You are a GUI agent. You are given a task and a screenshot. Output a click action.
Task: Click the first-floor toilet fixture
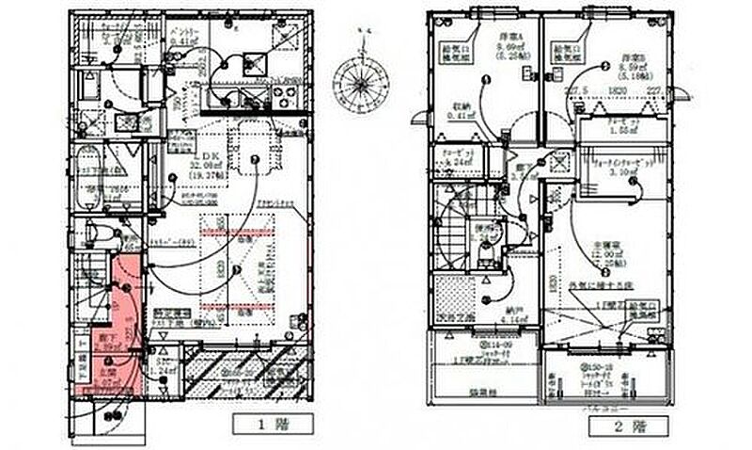pyautogui.click(x=95, y=232)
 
